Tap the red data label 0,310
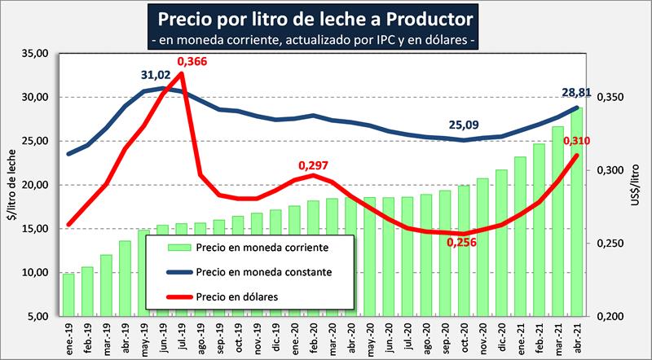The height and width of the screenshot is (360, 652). coord(576,143)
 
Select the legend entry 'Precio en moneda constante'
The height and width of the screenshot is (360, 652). coord(263,271)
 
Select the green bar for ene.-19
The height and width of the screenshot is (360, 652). coord(68,295)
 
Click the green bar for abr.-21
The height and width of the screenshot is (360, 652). coord(577,212)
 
